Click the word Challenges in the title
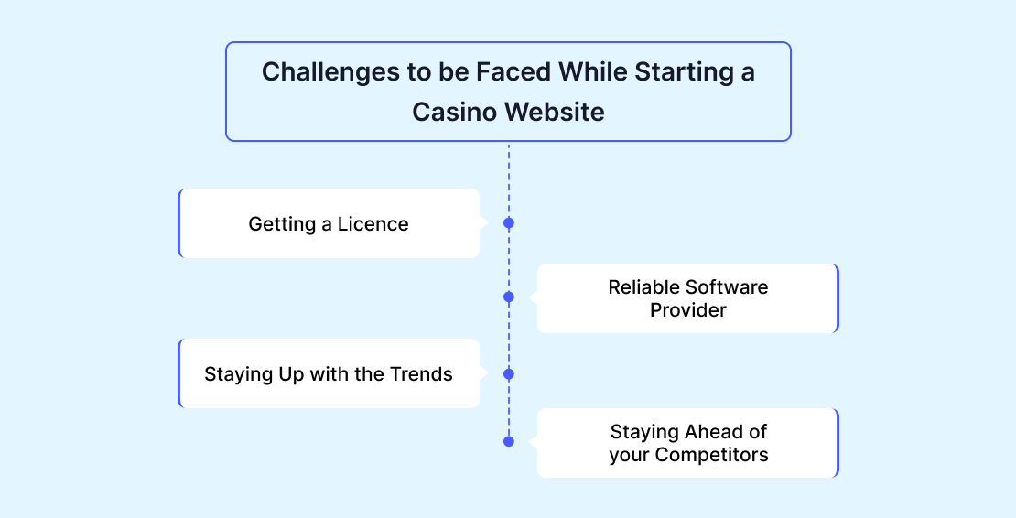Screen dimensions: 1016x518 coord(331,72)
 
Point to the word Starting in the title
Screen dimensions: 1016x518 coord(683,72)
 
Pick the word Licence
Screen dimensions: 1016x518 coord(373,224)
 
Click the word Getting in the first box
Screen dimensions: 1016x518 coord(282,225)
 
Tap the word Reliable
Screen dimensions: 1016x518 coord(643,286)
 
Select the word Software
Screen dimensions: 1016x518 coord(727,286)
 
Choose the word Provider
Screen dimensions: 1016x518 coord(688,310)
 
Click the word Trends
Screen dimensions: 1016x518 coord(422,374)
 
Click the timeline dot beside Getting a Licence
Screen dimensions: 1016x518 coord(509,222)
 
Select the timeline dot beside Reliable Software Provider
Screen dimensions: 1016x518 coord(509,297)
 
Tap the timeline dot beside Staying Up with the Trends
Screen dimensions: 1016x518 coord(509,374)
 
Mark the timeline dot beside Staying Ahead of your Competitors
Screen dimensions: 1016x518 coord(509,442)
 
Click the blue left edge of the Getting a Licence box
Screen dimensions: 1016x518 coord(179,223)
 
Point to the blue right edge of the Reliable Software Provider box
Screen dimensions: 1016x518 coord(838,298)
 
